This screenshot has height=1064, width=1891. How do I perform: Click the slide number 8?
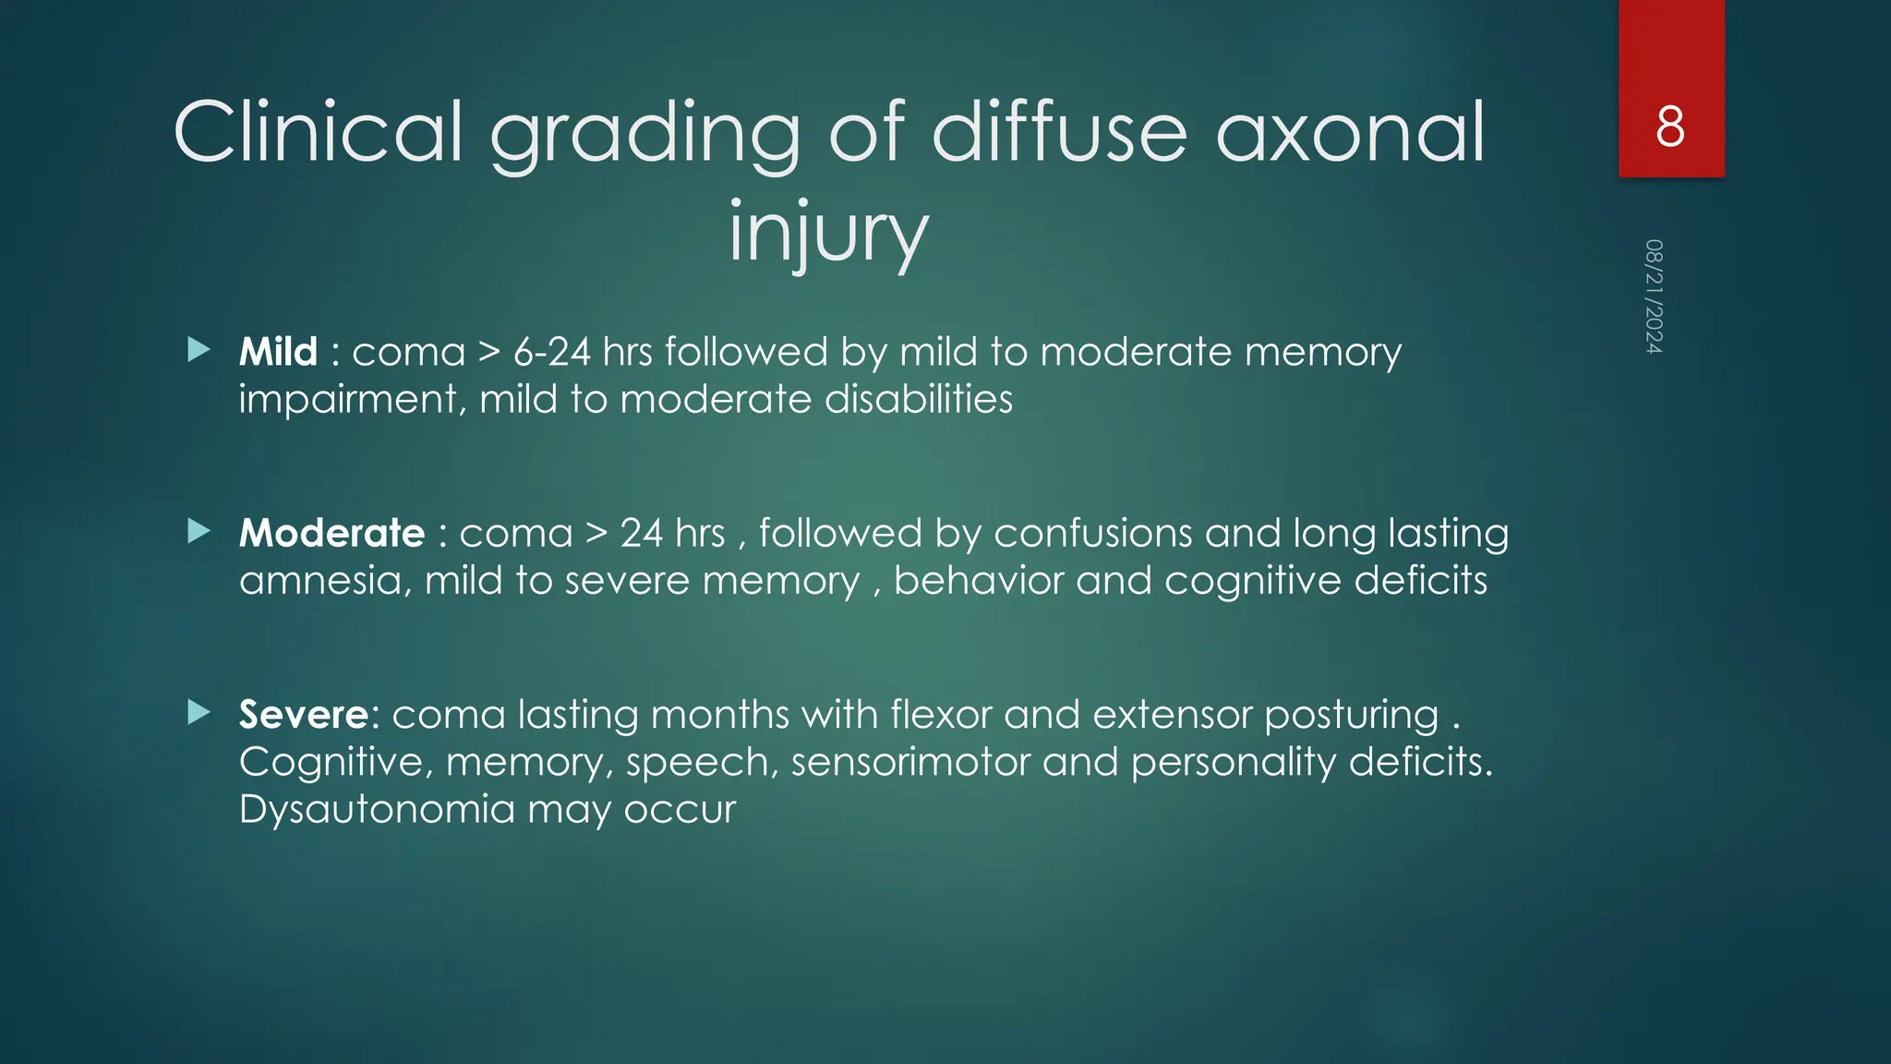tap(1670, 127)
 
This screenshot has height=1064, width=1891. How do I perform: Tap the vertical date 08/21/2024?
tap(1654, 296)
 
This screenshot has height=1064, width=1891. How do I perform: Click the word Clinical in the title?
tap(318, 133)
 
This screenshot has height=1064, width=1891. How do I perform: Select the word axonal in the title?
tap(1350, 133)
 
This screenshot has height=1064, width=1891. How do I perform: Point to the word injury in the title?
tap(827, 232)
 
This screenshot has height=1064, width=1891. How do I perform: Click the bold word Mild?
tap(278, 352)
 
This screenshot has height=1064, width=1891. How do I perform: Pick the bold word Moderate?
tap(331, 533)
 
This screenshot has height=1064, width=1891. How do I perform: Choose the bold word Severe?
tap(304, 714)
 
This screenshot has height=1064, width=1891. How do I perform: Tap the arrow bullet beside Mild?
tap(199, 349)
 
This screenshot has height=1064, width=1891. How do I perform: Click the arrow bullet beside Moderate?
tap(199, 531)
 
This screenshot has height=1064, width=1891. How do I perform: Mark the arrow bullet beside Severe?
tap(199, 712)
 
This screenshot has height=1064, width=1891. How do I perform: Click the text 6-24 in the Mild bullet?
tap(551, 352)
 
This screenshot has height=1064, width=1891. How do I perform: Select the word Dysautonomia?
tap(377, 809)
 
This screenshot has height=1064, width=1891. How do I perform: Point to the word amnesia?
tap(324, 581)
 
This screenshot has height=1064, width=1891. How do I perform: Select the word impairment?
tap(351, 400)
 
